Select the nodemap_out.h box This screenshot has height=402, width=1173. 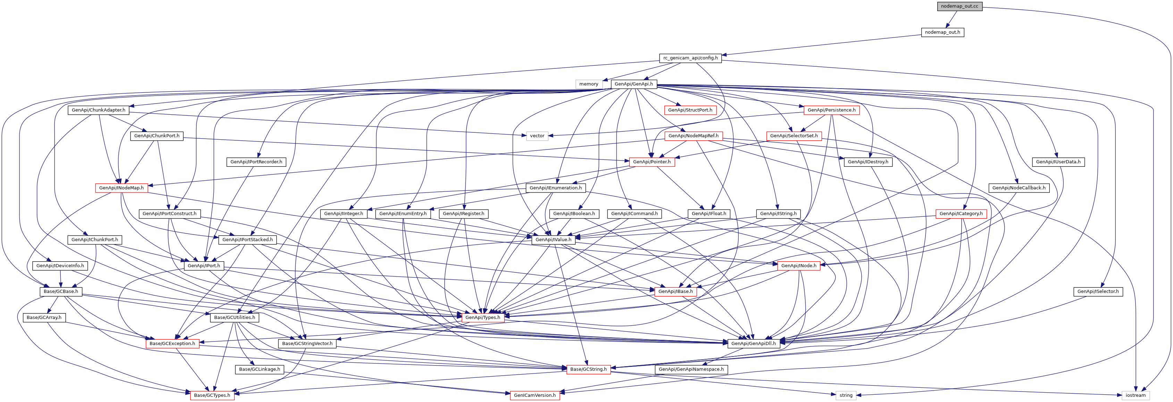click(942, 32)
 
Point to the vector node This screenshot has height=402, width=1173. click(537, 136)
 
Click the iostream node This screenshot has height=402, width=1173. click(1135, 395)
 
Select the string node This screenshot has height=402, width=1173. click(846, 395)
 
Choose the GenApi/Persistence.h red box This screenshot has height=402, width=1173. click(831, 110)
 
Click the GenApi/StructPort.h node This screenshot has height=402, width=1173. click(690, 110)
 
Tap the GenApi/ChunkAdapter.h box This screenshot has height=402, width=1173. click(98, 110)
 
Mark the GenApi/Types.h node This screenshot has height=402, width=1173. click(483, 318)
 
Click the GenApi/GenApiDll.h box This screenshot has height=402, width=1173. click(753, 344)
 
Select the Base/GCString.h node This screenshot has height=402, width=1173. click(588, 369)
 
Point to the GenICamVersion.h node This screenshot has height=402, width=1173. click(535, 395)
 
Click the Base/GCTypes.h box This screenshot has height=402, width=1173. click(212, 395)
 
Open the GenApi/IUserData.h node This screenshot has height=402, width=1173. click(1058, 162)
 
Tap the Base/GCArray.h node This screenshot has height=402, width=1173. click(44, 318)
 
